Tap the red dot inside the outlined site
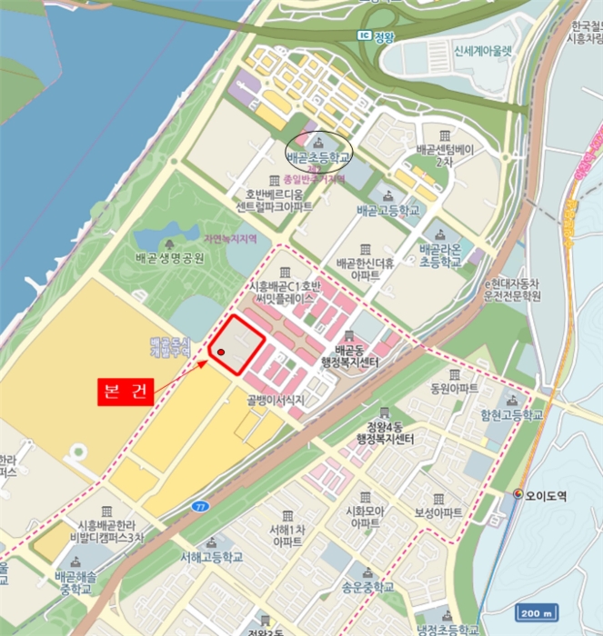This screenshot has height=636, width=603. click(221, 352)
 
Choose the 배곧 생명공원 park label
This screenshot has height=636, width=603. click(170, 257)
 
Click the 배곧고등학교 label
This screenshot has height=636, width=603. click(388, 210)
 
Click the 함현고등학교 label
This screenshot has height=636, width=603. click(513, 414)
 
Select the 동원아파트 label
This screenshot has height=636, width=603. click(455, 388)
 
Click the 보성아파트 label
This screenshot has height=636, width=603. click(438, 512)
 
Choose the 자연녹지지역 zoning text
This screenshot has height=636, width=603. click(229, 237)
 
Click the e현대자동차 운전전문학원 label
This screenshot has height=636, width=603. click(512, 290)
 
